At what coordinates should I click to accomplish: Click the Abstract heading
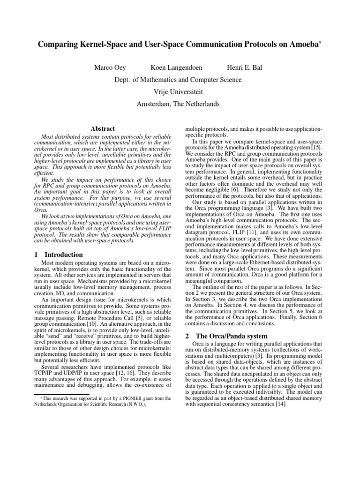click(103, 128)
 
